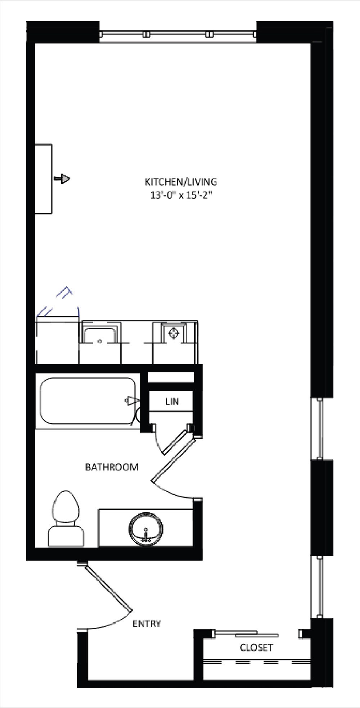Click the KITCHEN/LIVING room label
pyautogui.click(x=181, y=182)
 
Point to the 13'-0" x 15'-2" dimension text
pyautogui.click(x=180, y=196)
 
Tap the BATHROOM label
pyautogui.click(x=112, y=467)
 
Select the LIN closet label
pyautogui.click(x=172, y=402)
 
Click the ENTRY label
pyautogui.click(x=147, y=624)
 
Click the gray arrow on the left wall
pyautogui.click(x=62, y=179)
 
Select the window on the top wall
pyautogui.click(x=178, y=34)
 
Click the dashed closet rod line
pyautogui.click(x=257, y=662)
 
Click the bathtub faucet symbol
pyautogui.click(x=132, y=400)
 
